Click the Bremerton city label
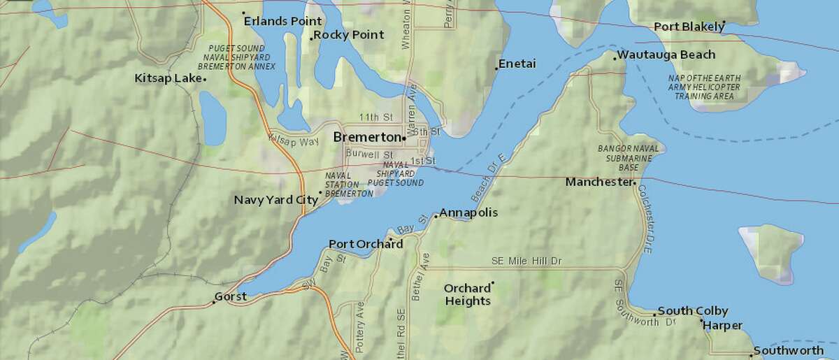(366, 137)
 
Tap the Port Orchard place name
(365, 244)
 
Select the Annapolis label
(468, 212)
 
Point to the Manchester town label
(598, 182)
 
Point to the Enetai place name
(517, 64)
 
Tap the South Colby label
(693, 311)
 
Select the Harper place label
(723, 325)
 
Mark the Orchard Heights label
(467, 294)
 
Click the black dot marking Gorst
(214, 302)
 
